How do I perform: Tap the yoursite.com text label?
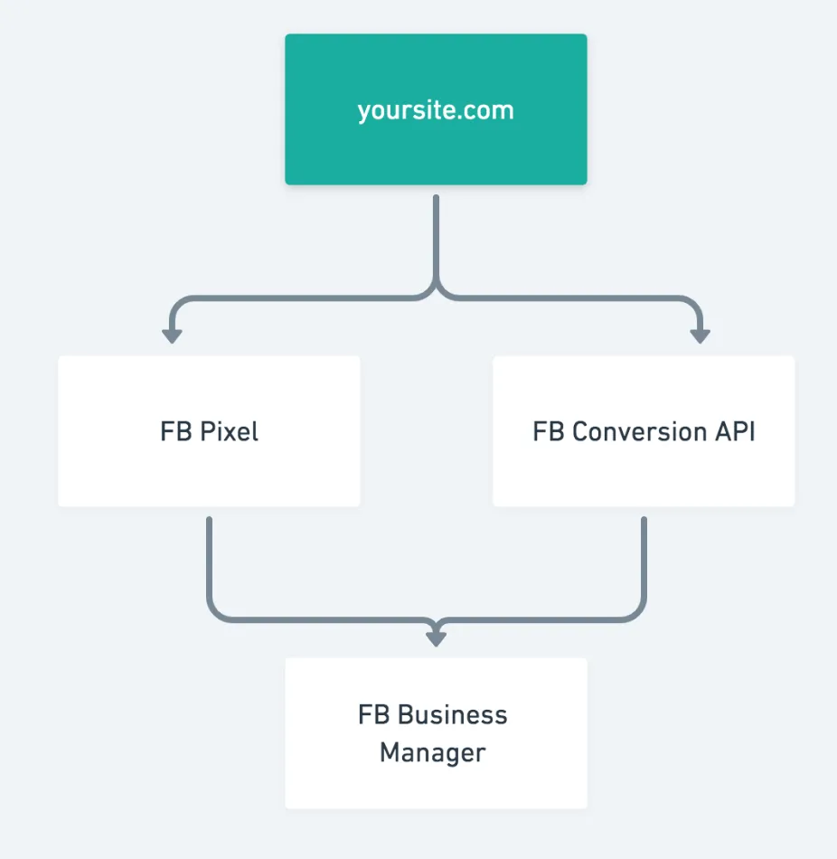tap(436, 110)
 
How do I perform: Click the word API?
tap(734, 431)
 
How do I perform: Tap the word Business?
tap(453, 715)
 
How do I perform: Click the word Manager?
tap(432, 752)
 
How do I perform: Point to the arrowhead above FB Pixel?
tap(172, 335)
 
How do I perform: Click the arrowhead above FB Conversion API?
tap(700, 335)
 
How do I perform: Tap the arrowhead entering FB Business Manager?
tap(436, 637)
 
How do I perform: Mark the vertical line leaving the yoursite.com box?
tap(436, 240)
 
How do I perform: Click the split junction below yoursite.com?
tap(436, 294)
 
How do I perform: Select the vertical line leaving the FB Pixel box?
tap(209, 561)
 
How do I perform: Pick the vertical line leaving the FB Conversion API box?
tap(644, 561)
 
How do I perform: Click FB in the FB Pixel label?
tap(175, 431)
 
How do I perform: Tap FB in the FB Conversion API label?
tap(548, 431)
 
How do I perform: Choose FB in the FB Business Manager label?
tap(374, 715)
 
